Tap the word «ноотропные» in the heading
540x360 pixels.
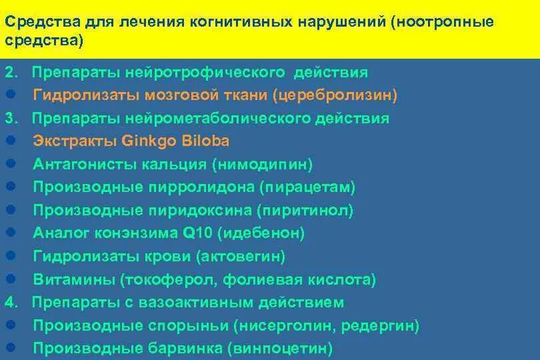coord(445,21)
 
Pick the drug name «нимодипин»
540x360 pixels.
coord(271,164)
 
